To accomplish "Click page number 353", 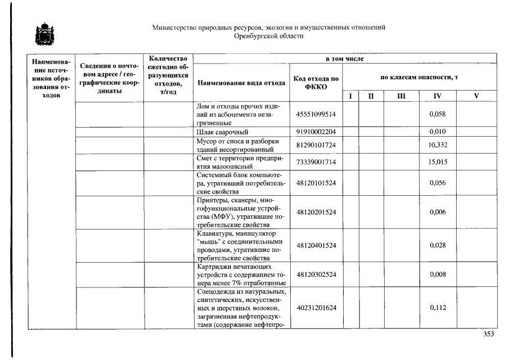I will pos(488,334).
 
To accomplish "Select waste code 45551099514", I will pos(316,114).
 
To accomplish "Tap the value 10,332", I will pos(437,146).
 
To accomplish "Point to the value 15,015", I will pos(437,162).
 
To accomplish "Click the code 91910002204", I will pos(316,132).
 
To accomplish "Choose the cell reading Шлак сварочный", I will pos(222,132).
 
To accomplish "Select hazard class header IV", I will pos(437,96).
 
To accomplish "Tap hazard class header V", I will pos(476,96).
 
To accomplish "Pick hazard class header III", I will pos(400,96).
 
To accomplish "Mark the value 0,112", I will pos(437,308).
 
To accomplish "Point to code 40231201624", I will pos(316,308).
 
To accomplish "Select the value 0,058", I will pos(437,114).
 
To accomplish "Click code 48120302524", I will pos(316,274).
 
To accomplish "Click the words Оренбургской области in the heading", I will pos(268,36).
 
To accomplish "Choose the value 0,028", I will pos(437,245).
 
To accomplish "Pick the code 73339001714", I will pos(316,162).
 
